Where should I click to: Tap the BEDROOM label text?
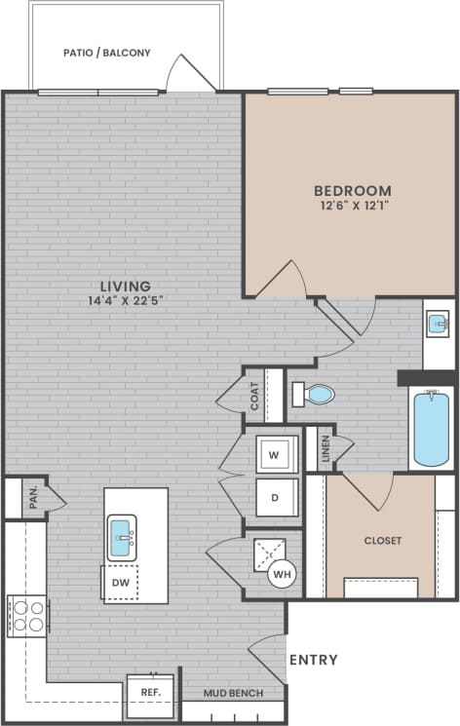point(352,191)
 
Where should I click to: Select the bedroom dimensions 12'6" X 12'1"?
point(352,206)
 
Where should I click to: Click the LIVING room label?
point(118,286)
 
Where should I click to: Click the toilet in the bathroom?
point(314,395)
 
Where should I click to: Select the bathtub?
point(430,429)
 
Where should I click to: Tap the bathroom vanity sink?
point(439,323)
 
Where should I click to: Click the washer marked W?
point(274,453)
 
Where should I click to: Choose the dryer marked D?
point(275,497)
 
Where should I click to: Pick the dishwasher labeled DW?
point(121,582)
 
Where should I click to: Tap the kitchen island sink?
point(121,537)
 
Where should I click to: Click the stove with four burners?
point(27,616)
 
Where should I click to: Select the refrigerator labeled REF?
point(151,693)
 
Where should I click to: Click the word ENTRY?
point(314,660)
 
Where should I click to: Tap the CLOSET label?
point(382,540)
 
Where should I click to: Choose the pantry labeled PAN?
point(32,497)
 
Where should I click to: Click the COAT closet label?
point(255,395)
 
